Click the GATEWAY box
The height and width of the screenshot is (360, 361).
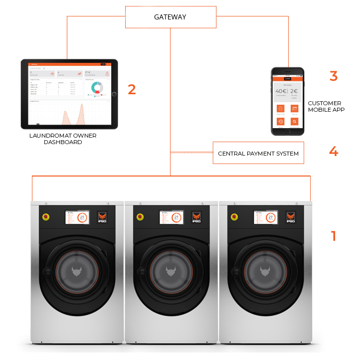170,17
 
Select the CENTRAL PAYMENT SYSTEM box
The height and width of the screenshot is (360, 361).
258,154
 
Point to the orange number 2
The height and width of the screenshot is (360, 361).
132,90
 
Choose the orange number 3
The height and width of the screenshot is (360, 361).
334,76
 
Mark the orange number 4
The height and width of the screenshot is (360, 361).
334,152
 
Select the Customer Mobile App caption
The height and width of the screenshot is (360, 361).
327,106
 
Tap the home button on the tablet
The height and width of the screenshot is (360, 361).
114,94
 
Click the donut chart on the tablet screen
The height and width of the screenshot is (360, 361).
96,88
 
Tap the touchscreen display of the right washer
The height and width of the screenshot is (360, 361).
265,217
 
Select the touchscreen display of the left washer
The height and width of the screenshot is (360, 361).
77,217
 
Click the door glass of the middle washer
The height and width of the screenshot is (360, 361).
171,272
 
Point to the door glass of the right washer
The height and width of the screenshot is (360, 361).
264,272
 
